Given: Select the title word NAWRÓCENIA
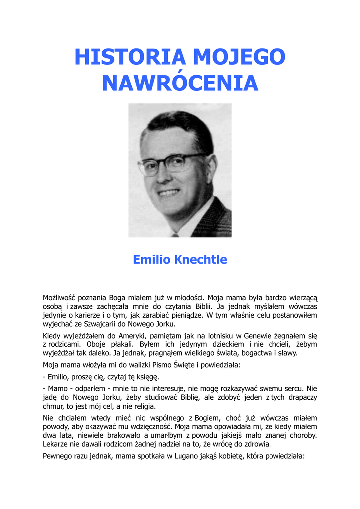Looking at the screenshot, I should point(180,83).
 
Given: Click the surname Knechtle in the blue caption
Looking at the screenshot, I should point(200,260).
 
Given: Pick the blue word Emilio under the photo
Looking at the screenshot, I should point(151,260).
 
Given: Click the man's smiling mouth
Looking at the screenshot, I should point(169,192).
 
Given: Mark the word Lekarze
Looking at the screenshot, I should point(57,444).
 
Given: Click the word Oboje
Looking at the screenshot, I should point(95,344).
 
